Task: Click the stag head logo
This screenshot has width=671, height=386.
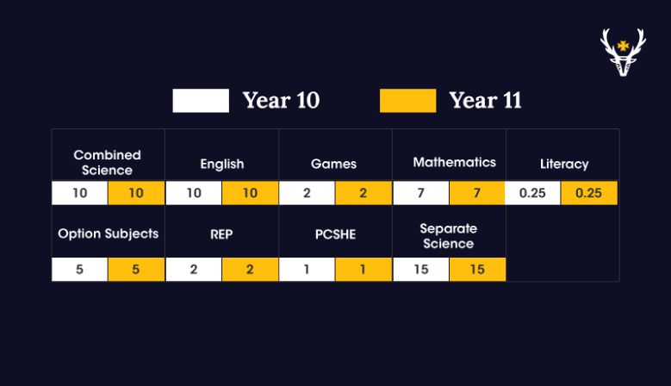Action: [623, 53]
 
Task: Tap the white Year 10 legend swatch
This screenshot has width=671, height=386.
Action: [201, 101]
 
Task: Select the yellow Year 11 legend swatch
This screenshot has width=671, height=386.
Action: [407, 101]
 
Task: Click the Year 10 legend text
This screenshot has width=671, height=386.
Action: [281, 101]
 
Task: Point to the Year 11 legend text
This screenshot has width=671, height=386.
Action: [485, 101]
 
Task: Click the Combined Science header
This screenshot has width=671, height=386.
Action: [107, 163]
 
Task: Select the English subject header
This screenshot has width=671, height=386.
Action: [222, 164]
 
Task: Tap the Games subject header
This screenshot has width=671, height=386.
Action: [334, 164]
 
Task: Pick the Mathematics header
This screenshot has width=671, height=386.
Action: [455, 162]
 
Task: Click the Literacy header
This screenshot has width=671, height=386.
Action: [564, 164]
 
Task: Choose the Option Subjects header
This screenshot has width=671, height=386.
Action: [109, 233]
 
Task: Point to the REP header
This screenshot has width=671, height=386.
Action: [221, 234]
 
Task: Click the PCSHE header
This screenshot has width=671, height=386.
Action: [336, 234]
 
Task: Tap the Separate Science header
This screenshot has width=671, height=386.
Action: [449, 236]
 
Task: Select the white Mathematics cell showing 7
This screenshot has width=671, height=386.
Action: [421, 193]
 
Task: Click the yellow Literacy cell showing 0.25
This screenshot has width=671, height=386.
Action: [589, 193]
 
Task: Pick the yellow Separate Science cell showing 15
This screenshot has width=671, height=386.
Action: [477, 270]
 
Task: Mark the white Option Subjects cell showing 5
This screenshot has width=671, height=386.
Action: [79, 270]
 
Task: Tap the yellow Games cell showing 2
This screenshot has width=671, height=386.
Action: [363, 193]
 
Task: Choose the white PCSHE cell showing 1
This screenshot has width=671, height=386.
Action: [307, 270]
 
